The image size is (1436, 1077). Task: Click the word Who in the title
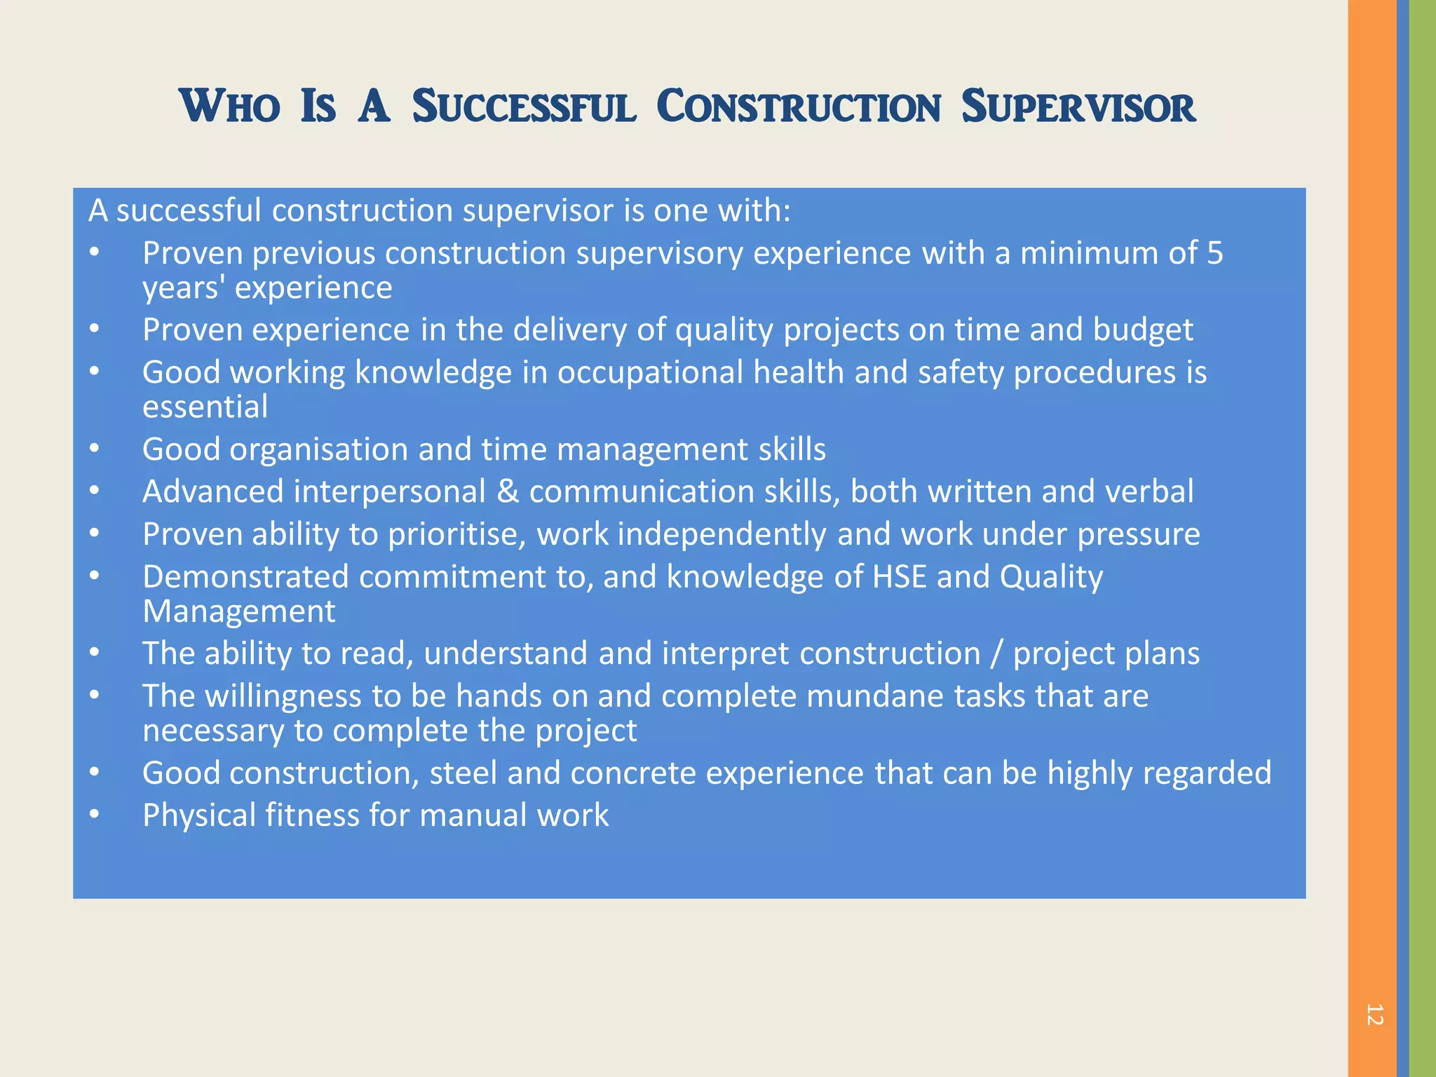tap(230, 107)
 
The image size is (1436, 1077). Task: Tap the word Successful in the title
tap(524, 107)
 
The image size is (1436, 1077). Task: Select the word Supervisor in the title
tap(1078, 107)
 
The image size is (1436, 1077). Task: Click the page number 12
tap(1374, 1015)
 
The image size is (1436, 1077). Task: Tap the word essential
tap(205, 407)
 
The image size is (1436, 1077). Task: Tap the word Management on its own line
tap(239, 611)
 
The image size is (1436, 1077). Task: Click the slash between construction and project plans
tap(996, 653)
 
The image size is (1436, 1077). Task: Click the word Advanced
tap(213, 492)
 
